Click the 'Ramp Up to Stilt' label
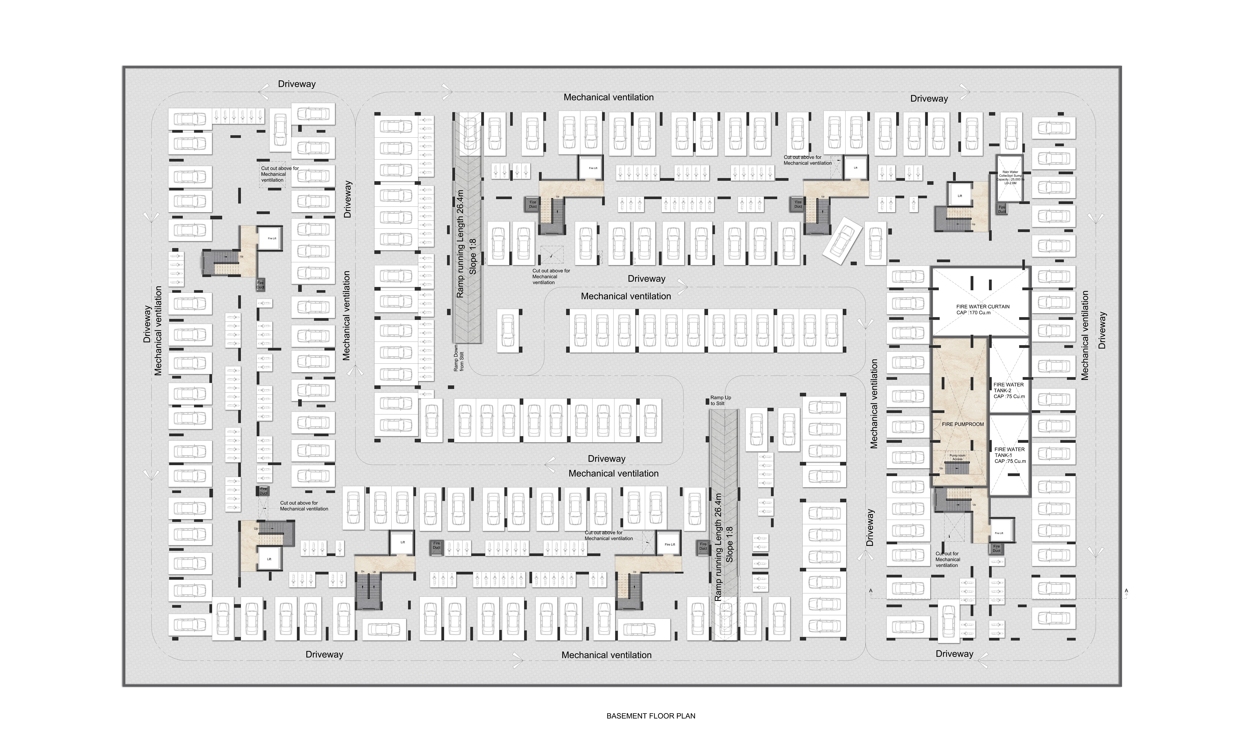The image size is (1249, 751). click(x=720, y=400)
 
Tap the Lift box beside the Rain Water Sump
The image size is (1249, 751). click(x=959, y=196)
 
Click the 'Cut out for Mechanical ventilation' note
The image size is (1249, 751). click(x=947, y=559)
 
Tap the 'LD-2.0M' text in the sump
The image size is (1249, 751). click(x=1010, y=183)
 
